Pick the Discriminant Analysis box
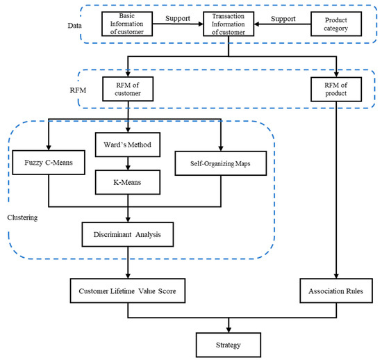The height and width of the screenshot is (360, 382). pyautogui.click(x=127, y=233)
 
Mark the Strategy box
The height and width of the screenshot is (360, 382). pyautogui.click(x=227, y=343)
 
